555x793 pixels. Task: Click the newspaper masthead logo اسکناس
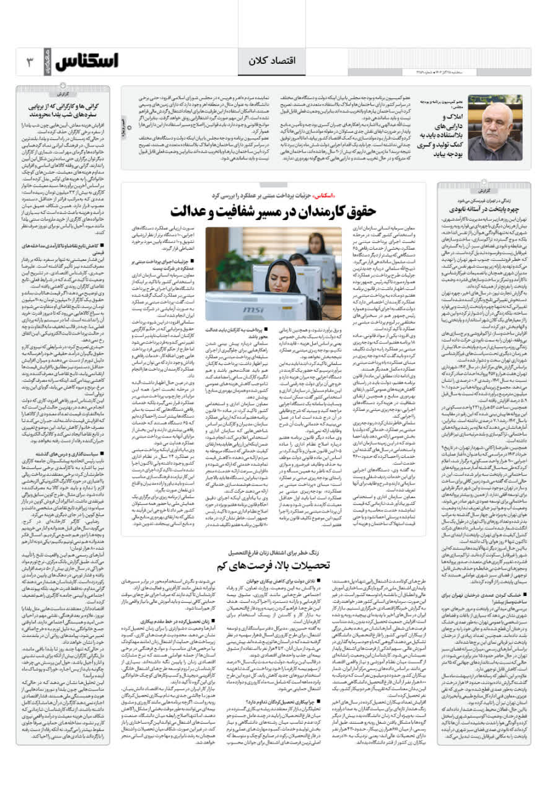[x=87, y=62]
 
